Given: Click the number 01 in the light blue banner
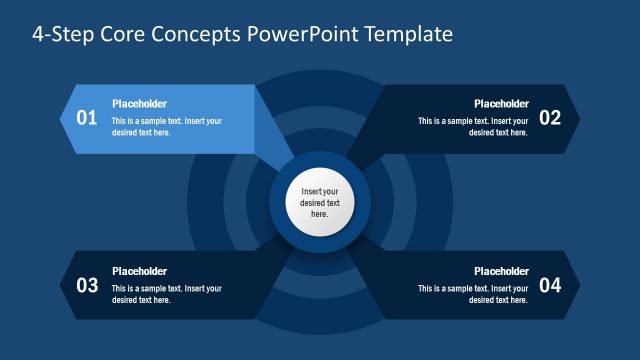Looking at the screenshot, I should (x=88, y=118).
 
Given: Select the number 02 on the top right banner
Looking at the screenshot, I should (x=550, y=118).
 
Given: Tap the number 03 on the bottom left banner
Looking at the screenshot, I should (x=88, y=285).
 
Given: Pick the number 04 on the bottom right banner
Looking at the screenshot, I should (x=550, y=285).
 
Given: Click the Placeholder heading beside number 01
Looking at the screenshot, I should (x=139, y=104).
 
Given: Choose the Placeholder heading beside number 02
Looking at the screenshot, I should (x=501, y=104).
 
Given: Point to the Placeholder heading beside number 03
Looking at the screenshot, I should (x=139, y=271).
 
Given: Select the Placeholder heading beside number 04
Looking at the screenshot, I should (x=501, y=271).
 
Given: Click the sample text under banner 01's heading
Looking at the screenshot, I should (x=166, y=127).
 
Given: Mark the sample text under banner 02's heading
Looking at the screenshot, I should (x=473, y=127).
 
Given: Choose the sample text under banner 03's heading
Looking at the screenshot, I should (x=166, y=294).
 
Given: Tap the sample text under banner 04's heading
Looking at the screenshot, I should (x=473, y=294).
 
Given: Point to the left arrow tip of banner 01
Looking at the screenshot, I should (x=65, y=118).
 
